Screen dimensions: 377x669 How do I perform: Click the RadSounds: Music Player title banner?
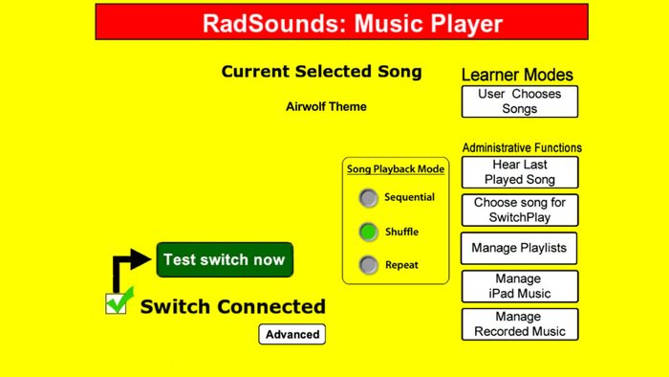click(x=341, y=22)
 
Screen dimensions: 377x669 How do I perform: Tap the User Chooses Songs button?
click(x=519, y=101)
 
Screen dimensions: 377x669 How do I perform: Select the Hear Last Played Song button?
click(x=519, y=172)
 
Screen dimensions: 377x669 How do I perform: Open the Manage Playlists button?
click(x=519, y=248)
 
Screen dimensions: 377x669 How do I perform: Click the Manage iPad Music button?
click(x=519, y=286)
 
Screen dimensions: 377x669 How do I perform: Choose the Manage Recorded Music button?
click(x=519, y=324)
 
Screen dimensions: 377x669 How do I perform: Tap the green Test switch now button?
click(x=225, y=260)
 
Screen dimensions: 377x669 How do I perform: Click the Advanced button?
click(x=292, y=334)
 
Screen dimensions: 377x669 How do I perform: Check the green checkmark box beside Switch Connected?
click(x=118, y=303)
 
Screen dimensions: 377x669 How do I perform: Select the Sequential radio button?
click(x=369, y=198)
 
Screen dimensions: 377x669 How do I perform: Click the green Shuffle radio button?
click(x=369, y=232)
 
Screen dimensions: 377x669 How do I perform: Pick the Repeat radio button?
click(x=369, y=265)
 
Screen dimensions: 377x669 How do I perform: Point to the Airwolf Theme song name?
click(x=326, y=106)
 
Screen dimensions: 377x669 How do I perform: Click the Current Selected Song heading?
click(x=321, y=72)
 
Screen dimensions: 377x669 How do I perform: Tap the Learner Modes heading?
click(x=517, y=75)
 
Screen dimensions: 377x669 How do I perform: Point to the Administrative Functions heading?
click(x=521, y=147)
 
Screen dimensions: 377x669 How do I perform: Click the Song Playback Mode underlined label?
click(x=396, y=169)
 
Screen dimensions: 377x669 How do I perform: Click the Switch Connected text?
click(x=232, y=307)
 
